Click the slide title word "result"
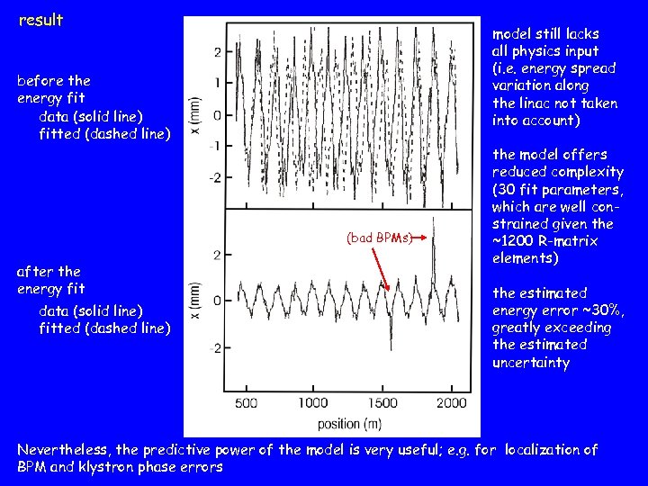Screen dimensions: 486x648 tap(40, 19)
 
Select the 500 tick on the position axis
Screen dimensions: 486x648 tap(245, 403)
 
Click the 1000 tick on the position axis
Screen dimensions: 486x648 tap(312, 403)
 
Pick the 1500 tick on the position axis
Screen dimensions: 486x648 tap(383, 403)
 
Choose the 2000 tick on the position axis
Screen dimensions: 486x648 tap(450, 403)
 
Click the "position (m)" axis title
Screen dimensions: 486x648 tap(349, 422)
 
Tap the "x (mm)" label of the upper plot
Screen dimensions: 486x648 tap(195, 115)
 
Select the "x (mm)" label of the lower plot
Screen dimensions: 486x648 tap(195, 300)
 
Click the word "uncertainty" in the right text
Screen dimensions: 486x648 tap(531, 363)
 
